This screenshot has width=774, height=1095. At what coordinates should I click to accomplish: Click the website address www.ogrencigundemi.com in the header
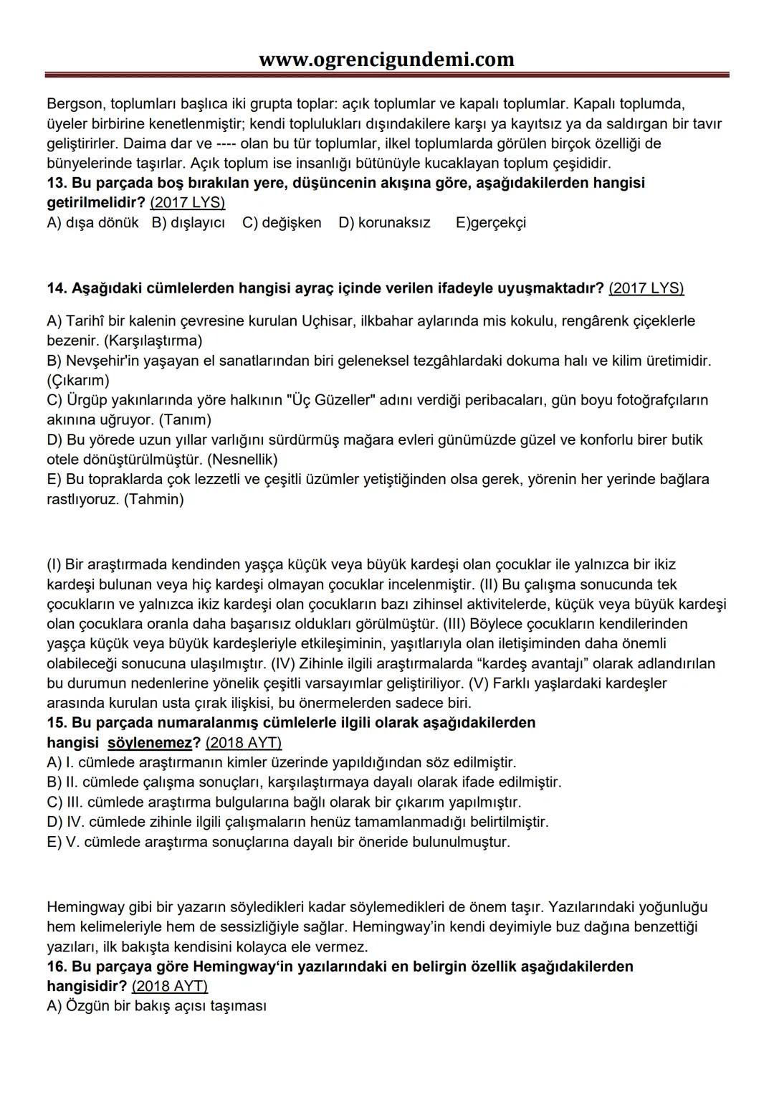click(x=386, y=59)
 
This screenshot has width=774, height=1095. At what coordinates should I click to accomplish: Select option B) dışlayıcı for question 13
click(x=188, y=222)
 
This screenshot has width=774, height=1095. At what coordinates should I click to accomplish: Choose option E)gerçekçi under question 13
click(x=490, y=222)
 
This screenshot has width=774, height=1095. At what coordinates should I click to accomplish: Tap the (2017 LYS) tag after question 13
click(x=187, y=202)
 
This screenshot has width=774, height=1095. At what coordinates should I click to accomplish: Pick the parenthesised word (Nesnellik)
click(x=242, y=459)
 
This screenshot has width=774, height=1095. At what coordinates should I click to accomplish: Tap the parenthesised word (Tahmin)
click(x=153, y=499)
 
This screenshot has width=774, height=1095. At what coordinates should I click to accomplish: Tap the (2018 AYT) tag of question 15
click(x=243, y=742)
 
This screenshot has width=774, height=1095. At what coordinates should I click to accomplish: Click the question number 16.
click(x=57, y=967)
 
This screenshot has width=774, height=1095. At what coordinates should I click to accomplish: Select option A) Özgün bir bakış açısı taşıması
click(x=156, y=1006)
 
